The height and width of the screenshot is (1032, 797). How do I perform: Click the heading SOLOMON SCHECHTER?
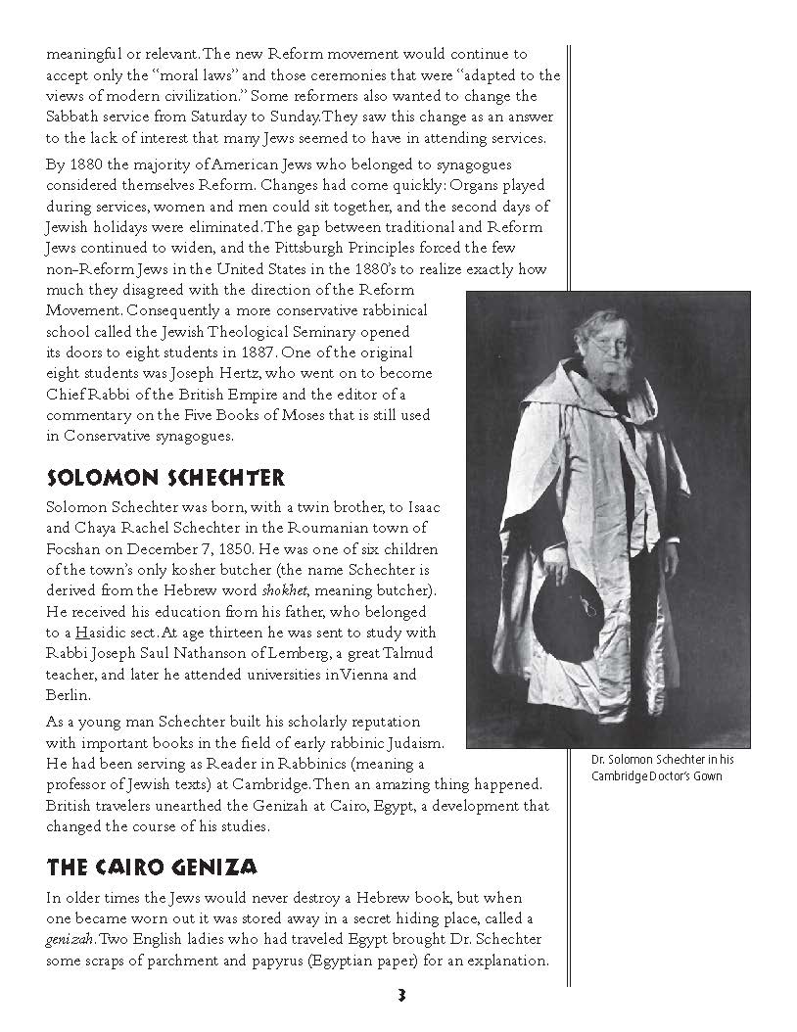coord(165,478)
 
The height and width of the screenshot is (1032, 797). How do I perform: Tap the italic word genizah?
coord(70,939)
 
